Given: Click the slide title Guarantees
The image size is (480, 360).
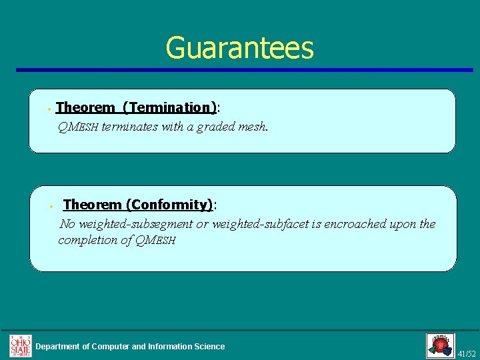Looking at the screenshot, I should (239, 48).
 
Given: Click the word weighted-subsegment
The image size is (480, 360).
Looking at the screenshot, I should (135, 224).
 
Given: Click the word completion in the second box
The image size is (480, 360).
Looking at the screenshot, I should (87, 240).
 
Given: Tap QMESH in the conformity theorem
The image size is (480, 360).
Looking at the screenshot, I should (155, 240).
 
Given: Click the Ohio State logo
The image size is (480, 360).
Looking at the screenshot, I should (20, 345).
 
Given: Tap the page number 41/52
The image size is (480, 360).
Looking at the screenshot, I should (467, 353).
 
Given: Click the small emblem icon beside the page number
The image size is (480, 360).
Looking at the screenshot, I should (440, 345).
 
